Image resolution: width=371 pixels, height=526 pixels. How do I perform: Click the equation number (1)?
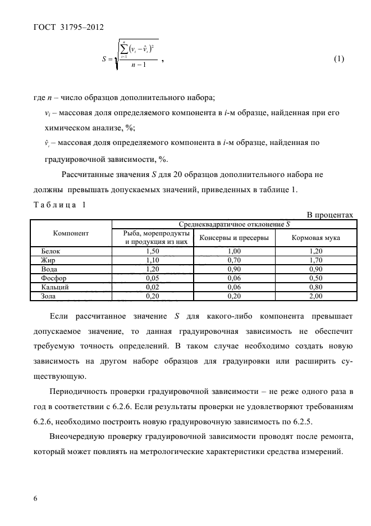click(338, 59)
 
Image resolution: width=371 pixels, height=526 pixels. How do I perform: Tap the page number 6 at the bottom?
click(36, 498)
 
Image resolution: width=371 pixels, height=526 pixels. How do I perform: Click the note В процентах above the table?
click(329, 215)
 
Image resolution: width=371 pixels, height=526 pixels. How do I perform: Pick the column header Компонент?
click(71, 233)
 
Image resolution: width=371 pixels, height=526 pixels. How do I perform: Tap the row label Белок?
click(51, 252)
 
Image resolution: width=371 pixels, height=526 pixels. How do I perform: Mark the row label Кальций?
click(55, 287)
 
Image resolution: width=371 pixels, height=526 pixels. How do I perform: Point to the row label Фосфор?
click(54, 278)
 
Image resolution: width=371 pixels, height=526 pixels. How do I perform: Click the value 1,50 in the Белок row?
click(152, 252)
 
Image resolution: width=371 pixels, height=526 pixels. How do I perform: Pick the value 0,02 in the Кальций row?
click(152, 287)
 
